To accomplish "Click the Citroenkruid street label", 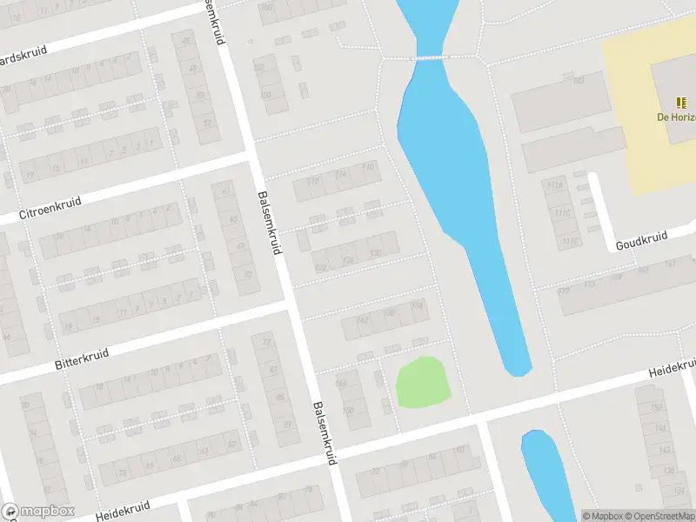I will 50,208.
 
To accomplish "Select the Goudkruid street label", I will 641,240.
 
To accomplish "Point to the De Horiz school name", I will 676,117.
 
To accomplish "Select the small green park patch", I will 423,381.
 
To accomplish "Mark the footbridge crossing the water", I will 429,57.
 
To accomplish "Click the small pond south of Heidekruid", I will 546,474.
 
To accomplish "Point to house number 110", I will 369,166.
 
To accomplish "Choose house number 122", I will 321,267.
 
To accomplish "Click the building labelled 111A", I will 552,184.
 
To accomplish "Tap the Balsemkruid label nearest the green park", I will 324,432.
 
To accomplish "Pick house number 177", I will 564,291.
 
